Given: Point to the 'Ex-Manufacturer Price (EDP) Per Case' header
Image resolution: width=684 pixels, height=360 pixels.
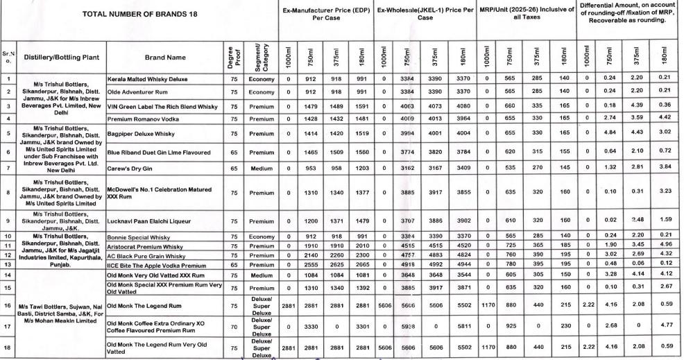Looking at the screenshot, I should (x=325, y=14).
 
